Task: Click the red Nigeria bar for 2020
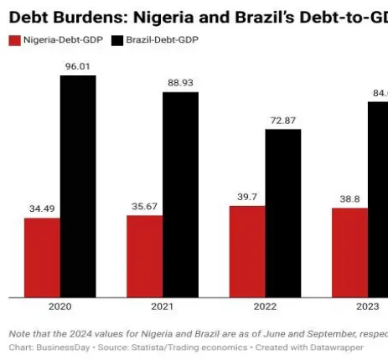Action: pos(42,257)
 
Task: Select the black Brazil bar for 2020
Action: pos(78,186)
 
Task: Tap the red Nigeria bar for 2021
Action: pos(144,255)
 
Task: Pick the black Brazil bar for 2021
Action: pos(180,194)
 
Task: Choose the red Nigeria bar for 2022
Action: pos(247,251)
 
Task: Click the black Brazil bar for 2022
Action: pos(283,213)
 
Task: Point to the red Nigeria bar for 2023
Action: pos(349,252)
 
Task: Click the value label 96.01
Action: pos(78,66)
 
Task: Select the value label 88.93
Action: pos(180,83)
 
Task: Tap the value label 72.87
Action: pos(283,120)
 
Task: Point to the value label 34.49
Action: pos(42,208)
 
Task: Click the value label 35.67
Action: pos(144,206)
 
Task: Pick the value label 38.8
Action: pos(349,198)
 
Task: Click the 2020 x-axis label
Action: pos(59,308)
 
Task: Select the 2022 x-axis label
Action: pos(265,308)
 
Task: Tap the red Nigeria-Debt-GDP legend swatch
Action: pos(14,40)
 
